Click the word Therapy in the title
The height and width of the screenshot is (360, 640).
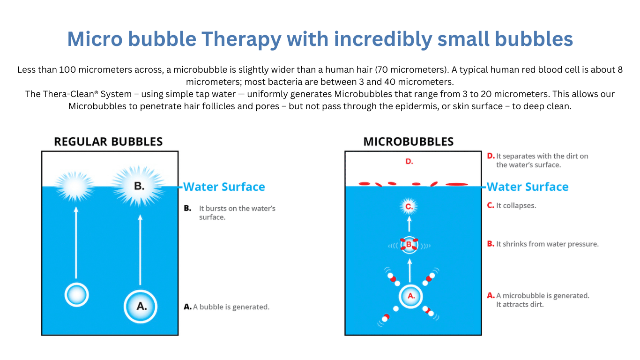[241, 40]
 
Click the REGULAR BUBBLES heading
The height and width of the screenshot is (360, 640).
[108, 142]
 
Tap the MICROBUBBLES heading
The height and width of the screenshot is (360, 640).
[408, 142]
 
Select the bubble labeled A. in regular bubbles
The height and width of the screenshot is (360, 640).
[140, 307]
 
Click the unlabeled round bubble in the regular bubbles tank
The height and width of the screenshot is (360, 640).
[76, 295]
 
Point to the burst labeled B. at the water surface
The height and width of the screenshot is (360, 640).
[139, 186]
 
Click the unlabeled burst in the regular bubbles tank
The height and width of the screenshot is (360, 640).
[75, 187]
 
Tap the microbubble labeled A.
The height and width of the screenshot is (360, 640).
[410, 297]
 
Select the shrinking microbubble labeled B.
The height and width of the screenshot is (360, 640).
[409, 245]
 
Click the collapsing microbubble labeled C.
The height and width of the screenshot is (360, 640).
[409, 206]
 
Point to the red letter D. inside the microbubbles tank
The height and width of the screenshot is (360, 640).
[409, 162]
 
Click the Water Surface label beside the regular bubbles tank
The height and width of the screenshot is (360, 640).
[224, 187]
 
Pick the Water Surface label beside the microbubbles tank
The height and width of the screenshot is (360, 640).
[528, 187]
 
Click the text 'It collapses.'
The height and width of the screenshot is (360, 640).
[516, 206]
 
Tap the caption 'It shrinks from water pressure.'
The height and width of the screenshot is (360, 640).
[547, 244]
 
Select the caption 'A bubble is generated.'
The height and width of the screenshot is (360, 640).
[231, 307]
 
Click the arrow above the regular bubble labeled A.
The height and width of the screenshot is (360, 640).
[140, 250]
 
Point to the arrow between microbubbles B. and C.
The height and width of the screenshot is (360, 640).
[409, 224]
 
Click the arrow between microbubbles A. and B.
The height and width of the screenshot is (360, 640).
[409, 270]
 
